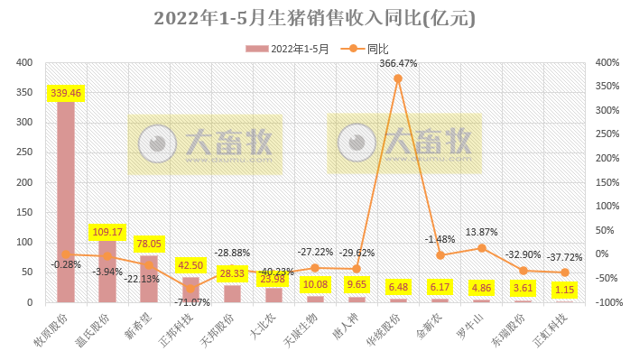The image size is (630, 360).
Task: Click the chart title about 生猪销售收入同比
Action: tap(314, 18)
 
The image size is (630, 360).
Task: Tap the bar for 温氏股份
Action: tap(107, 271)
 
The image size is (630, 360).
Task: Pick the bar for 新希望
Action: tap(149, 279)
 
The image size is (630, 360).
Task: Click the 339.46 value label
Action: tap(66, 92)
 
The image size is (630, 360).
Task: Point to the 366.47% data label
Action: tap(398, 64)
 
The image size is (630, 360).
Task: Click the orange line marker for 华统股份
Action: tap(398, 78)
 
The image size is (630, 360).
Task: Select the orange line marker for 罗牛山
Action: tap(481, 248)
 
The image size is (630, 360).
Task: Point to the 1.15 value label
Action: tap(564, 291)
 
